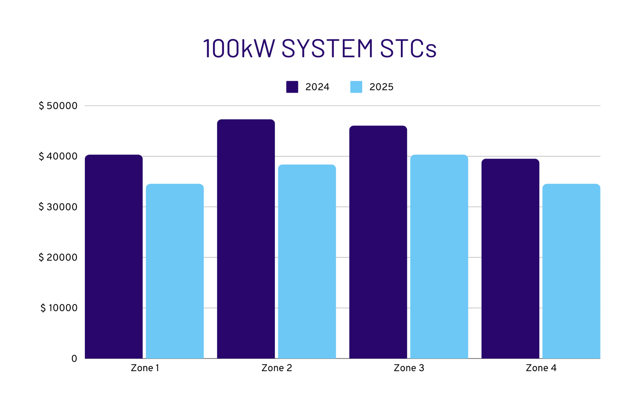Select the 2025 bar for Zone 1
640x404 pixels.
coord(175,271)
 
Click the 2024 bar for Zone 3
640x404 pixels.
coord(378,242)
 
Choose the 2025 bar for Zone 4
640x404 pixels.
coord(571,271)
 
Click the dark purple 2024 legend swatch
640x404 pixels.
coord(292,87)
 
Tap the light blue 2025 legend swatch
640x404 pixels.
coord(356,87)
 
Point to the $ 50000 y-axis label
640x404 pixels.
coord(58,106)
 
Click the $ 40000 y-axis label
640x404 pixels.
coord(58,157)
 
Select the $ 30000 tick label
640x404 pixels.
coord(58,207)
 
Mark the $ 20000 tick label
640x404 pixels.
coord(58,257)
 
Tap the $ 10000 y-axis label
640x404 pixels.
coord(59,308)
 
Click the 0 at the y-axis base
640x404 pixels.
coord(74,359)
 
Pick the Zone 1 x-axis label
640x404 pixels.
coord(145,368)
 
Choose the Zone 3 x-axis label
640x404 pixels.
coord(409,368)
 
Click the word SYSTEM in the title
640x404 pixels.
coord(327,48)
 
